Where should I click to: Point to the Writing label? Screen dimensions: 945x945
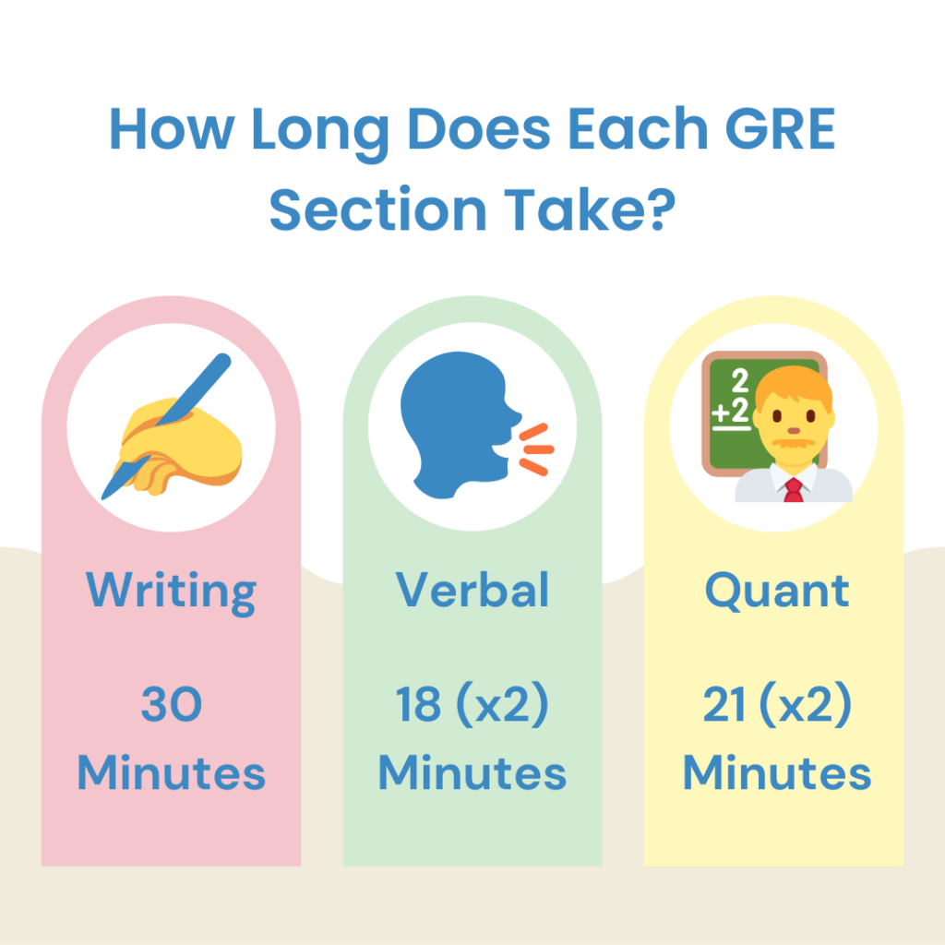click(172, 591)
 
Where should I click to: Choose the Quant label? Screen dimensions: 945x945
click(777, 591)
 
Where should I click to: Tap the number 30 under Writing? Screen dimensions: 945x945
click(172, 706)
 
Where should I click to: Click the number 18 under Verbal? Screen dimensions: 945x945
click(417, 706)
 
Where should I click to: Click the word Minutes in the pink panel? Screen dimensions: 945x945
click(172, 772)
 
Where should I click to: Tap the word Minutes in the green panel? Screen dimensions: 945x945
click(472, 772)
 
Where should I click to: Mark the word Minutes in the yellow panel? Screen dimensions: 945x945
click(777, 772)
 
